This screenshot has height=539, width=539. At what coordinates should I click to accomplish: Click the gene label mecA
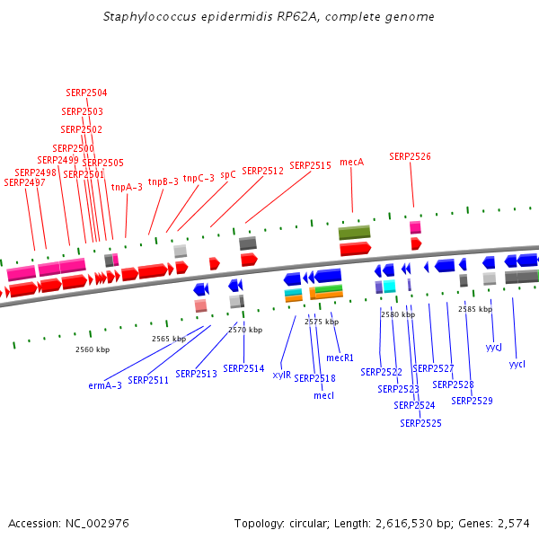click(x=351, y=162)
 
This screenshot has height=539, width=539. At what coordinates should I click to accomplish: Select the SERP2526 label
click(x=410, y=156)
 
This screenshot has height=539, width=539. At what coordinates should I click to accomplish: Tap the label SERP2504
click(x=86, y=93)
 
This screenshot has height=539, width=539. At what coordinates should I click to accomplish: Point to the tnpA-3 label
click(x=127, y=187)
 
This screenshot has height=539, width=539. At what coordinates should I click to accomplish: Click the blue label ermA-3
click(x=105, y=385)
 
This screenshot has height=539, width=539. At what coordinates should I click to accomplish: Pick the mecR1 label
click(x=340, y=358)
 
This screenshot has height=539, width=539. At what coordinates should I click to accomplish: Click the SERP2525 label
click(x=420, y=422)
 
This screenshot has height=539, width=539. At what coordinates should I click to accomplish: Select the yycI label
click(x=517, y=364)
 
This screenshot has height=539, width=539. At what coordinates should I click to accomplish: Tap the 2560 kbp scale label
click(x=92, y=349)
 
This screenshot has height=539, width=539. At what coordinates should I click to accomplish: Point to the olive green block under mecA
click(x=354, y=233)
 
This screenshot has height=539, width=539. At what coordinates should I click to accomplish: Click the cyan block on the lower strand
click(x=389, y=286)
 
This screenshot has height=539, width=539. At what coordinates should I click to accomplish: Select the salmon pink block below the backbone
click(x=200, y=305)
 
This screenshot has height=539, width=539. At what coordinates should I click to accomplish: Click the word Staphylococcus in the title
click(x=146, y=17)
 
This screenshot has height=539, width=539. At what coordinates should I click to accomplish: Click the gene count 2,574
click(x=512, y=523)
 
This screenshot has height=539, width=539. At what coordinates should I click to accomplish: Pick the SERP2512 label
click(x=262, y=171)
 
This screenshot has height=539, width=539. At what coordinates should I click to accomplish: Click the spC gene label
click(x=228, y=175)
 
